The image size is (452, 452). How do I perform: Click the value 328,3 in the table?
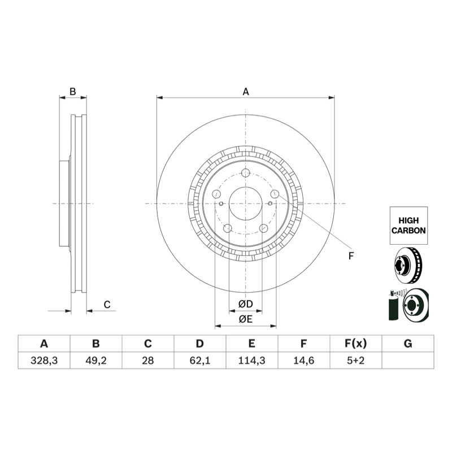tap(44, 360)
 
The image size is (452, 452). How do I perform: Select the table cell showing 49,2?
tap(96, 360)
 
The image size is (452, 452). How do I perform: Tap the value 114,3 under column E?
tap(251, 360)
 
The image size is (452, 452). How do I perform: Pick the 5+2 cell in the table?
tap(356, 360)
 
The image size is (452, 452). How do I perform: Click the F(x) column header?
tap(356, 344)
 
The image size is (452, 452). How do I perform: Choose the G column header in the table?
tap(408, 344)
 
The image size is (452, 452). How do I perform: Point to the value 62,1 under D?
tap(200, 360)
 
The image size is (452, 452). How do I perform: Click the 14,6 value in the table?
tap(303, 360)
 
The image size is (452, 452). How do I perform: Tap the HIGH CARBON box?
tap(408, 225)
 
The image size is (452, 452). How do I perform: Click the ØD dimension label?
tap(246, 304)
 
